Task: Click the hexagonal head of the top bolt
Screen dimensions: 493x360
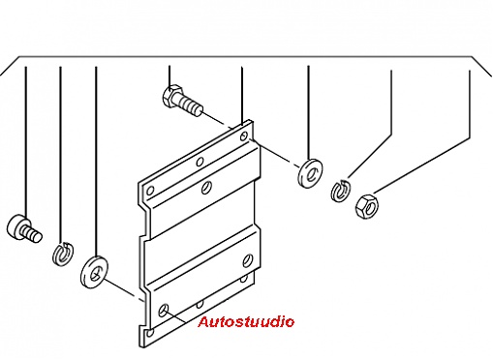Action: pos(171,95)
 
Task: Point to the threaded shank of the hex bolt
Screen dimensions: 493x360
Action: pos(191,105)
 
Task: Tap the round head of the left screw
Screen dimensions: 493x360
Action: pos(16,226)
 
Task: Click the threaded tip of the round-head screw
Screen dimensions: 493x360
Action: pos(32,234)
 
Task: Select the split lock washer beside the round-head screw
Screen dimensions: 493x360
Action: pos(63,254)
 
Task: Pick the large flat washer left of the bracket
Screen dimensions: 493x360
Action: pos(94,272)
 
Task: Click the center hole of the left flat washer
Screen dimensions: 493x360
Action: pos(96,274)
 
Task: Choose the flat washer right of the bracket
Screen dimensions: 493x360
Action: pos(310,173)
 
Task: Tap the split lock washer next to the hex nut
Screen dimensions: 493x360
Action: pos(341,191)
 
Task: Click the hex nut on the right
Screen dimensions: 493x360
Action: pos(366,205)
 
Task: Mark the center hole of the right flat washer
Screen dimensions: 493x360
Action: pos(312,174)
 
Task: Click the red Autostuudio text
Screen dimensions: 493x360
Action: pos(246,321)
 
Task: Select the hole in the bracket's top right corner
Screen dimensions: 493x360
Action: pos(244,136)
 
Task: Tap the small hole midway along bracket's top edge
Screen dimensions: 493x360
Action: pos(200,162)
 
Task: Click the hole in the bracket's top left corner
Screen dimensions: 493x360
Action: pos(150,191)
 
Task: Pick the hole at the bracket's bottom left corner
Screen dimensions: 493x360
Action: pos(149,333)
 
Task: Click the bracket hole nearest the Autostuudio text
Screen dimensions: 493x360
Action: pos(163,310)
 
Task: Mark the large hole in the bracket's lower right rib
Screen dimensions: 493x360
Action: pos(247,260)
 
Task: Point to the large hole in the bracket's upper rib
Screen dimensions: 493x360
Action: pos(206,188)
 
